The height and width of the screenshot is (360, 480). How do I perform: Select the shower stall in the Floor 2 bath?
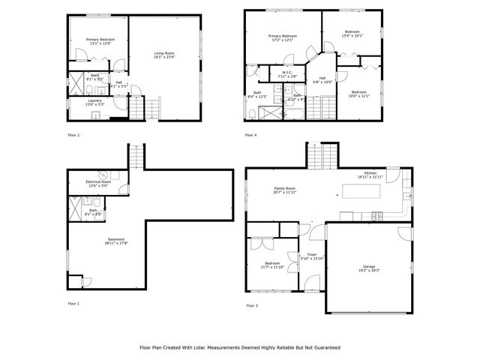pos(77,82)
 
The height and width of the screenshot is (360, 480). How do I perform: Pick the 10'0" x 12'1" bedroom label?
pos(358,94)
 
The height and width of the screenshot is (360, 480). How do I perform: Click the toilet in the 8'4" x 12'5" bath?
pos(251,114)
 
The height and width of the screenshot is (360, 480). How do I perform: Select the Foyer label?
pos(311,256)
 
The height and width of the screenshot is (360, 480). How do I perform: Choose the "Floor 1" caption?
pos(73,304)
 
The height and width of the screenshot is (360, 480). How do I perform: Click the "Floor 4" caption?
pos(250,135)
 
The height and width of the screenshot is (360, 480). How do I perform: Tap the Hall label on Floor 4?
pos(322,79)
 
